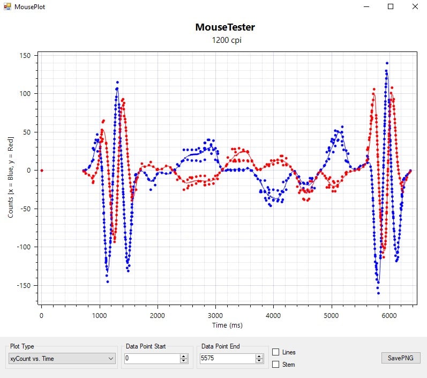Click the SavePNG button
pos(401,358)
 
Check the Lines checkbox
pos(276,352)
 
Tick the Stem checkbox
pos(276,365)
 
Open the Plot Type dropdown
pos(62,358)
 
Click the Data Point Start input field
pos(152,358)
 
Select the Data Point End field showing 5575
pos(228,358)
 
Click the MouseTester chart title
pos(225,27)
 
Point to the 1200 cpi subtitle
pos(225,40)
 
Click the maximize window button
pos(391,6)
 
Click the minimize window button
pos(367,6)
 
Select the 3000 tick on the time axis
pos(215,315)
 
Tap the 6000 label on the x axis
pos(389,315)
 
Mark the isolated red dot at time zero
pos(42,171)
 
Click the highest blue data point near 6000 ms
pos(386,63)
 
